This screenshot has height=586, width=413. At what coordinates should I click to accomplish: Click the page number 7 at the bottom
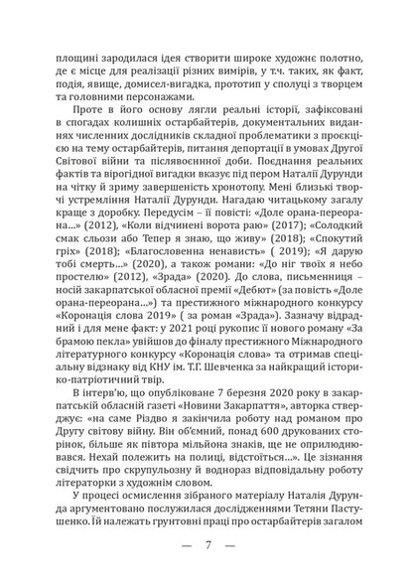pyautogui.click(x=206, y=546)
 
